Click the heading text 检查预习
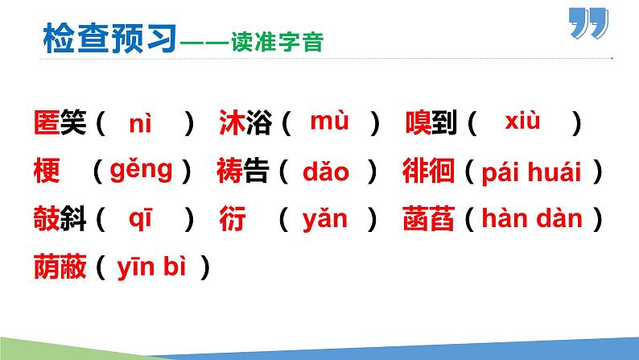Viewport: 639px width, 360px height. (108, 38)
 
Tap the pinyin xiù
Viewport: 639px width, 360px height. (522, 122)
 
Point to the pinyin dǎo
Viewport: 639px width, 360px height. (326, 172)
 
